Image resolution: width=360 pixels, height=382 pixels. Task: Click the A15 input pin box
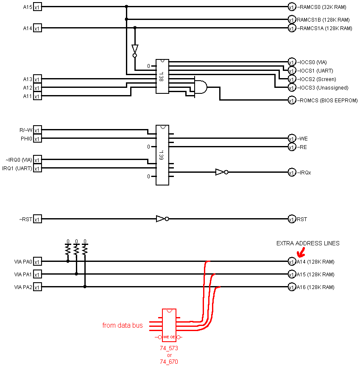click(37, 7)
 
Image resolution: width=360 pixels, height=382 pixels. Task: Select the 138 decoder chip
click(162, 76)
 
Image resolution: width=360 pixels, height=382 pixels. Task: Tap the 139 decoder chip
click(162, 155)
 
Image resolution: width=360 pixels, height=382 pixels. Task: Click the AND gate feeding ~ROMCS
click(201, 87)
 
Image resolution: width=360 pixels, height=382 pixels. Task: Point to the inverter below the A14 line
click(135, 51)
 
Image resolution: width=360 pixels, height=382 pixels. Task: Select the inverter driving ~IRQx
click(222, 172)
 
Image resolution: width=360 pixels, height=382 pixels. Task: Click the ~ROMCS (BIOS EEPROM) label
click(327, 100)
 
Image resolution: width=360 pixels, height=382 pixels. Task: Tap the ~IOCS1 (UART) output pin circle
click(292, 70)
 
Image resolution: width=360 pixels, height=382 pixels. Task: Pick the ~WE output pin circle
click(292, 138)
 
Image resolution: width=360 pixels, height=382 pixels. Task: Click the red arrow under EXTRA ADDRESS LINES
click(301, 253)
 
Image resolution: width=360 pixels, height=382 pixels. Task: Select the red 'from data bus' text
click(123, 325)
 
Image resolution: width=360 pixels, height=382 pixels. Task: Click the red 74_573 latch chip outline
click(169, 325)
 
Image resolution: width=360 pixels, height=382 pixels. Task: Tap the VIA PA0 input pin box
click(37, 261)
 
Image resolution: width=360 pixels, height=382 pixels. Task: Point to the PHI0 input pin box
click(37, 138)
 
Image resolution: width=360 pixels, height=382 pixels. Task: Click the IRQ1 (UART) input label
click(17, 169)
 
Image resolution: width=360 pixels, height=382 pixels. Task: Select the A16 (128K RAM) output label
click(315, 287)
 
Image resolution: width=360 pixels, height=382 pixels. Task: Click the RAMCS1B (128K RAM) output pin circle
click(292, 19)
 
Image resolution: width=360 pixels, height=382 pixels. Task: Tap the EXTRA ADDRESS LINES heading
click(308, 243)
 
